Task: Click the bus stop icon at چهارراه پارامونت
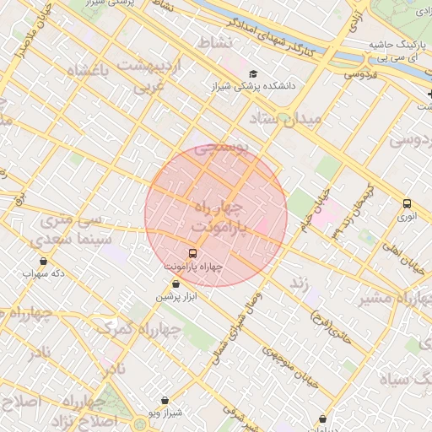[193, 253]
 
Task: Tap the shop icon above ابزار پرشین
[175, 284]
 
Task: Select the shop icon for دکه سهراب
[44, 261]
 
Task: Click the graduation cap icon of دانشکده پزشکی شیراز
[254, 73]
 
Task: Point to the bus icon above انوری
[408, 203]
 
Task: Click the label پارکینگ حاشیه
[399, 44]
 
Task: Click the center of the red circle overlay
[216, 216]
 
